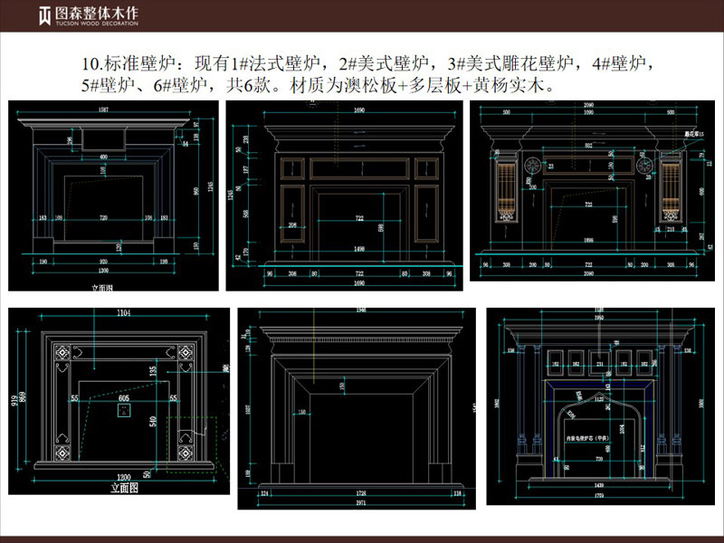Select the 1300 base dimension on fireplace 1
[x=106, y=271]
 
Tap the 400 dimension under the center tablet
[x=103, y=157]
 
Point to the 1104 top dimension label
[x=123, y=313]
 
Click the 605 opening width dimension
[x=123, y=397]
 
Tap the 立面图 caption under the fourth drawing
[x=122, y=487]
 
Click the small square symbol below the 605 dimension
[x=123, y=411]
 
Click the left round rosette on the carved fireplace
[x=532, y=167]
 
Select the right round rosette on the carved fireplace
[x=645, y=167]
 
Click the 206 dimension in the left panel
[x=292, y=224]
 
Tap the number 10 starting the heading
[x=90, y=64]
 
